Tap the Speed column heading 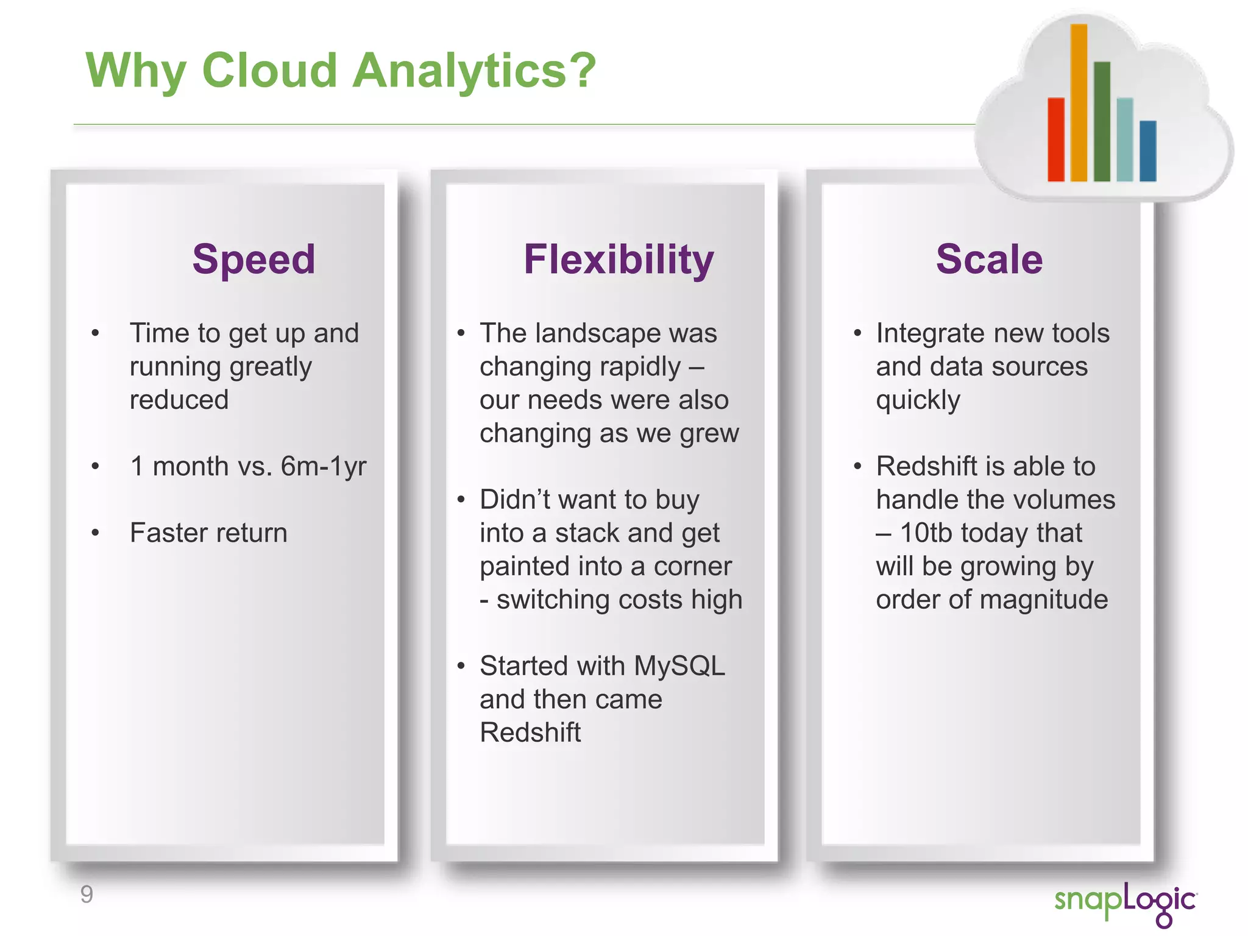click(x=253, y=260)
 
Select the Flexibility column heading click(x=619, y=260)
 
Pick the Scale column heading click(x=989, y=260)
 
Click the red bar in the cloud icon click(x=1055, y=140)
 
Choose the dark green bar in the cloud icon click(x=1102, y=121)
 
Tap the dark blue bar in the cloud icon click(x=1147, y=151)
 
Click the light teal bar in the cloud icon click(x=1125, y=140)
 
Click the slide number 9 click(x=87, y=895)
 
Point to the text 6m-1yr click(x=323, y=467)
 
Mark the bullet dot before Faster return click(x=95, y=533)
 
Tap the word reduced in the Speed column click(x=179, y=400)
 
